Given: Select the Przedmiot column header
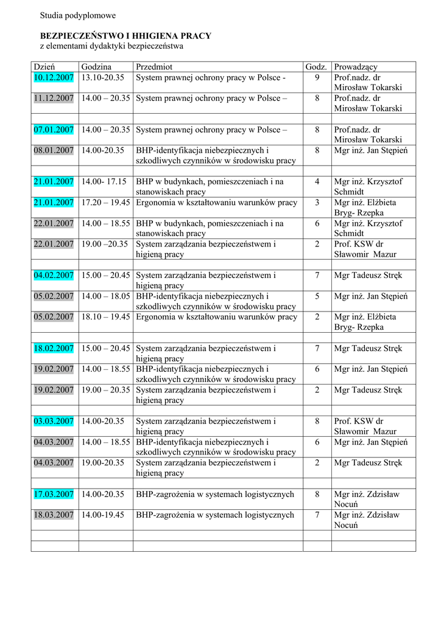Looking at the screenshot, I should tap(154, 67).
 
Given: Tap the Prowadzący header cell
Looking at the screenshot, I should tap(356, 67).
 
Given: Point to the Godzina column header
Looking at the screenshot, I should tap(96, 67).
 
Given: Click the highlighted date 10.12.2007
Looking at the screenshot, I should tap(54, 78).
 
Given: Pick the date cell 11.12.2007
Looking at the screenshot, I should tap(54, 99).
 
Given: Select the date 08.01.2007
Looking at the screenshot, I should tap(54, 150).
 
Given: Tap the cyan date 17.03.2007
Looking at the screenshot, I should tap(54, 495).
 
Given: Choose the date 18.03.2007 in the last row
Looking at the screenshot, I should tap(54, 515).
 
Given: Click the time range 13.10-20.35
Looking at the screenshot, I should tap(103, 78).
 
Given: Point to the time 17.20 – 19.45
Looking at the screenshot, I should tap(105, 203).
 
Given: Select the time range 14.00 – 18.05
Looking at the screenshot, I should tap(105, 296).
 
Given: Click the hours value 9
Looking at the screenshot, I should tap(317, 78).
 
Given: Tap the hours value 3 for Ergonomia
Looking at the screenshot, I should tap(317, 203).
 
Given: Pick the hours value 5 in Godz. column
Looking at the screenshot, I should tap(317, 296).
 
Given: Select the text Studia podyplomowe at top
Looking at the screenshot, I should tap(77, 15).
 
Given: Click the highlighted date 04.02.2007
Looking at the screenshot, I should tap(54, 276).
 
